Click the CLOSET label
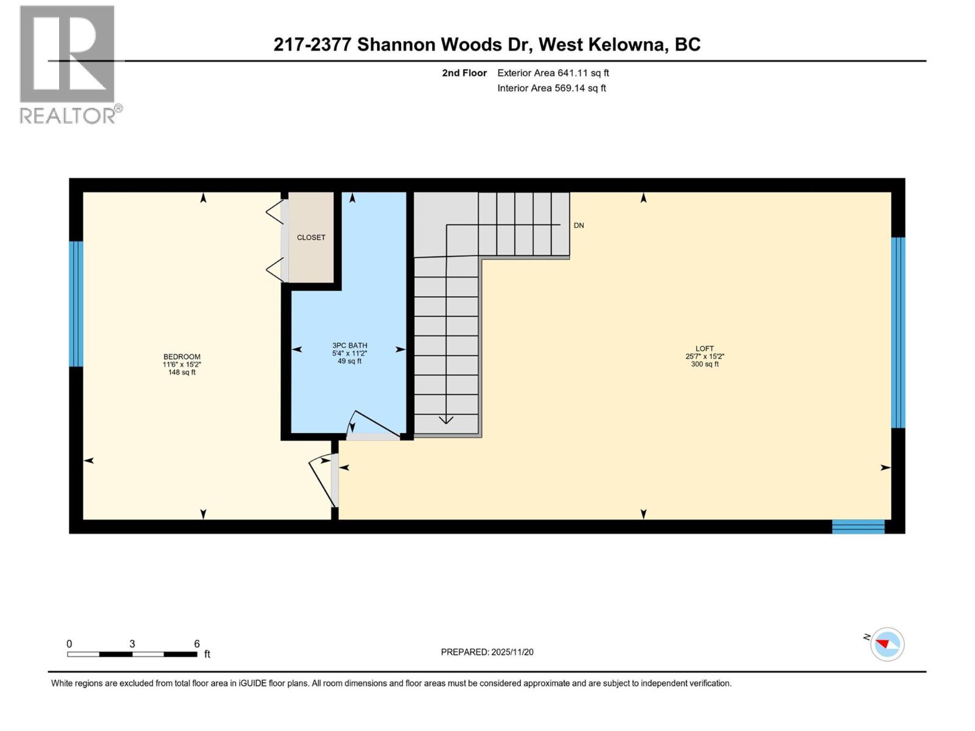coord(311,238)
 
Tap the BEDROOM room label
coord(182,357)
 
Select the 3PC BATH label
coord(349,345)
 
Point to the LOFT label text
coord(704,349)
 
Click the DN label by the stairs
coord(578,225)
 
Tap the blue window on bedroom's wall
coord(76,304)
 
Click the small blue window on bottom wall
coord(858,527)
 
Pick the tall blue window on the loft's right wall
coord(898,333)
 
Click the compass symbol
coord(887,644)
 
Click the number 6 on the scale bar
coord(197,644)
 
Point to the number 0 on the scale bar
coord(69,644)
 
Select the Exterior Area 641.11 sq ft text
coord(553,73)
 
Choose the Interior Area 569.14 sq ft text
coord(551,88)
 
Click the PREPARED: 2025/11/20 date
coord(487,652)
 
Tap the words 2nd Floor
coord(464,73)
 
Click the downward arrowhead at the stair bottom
coord(446,420)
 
